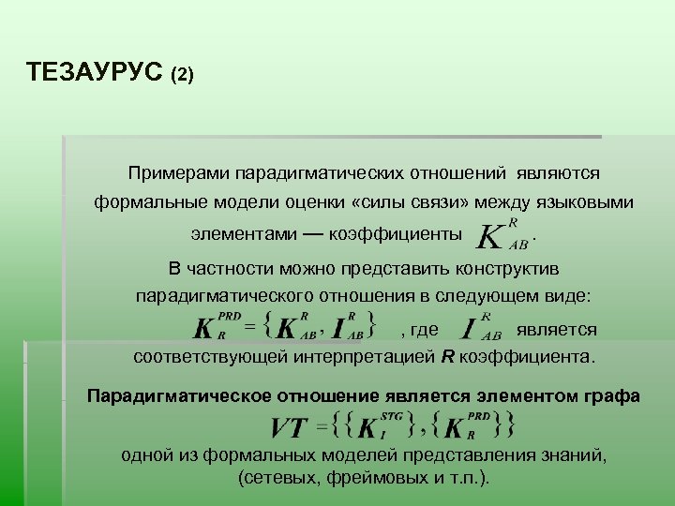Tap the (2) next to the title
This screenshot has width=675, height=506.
pos(182,74)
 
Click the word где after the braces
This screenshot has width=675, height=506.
pos(425,329)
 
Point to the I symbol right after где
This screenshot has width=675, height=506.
pos(468,330)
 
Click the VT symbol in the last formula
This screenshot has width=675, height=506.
pos(289,429)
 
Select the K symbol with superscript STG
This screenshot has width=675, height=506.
pos(368,429)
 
